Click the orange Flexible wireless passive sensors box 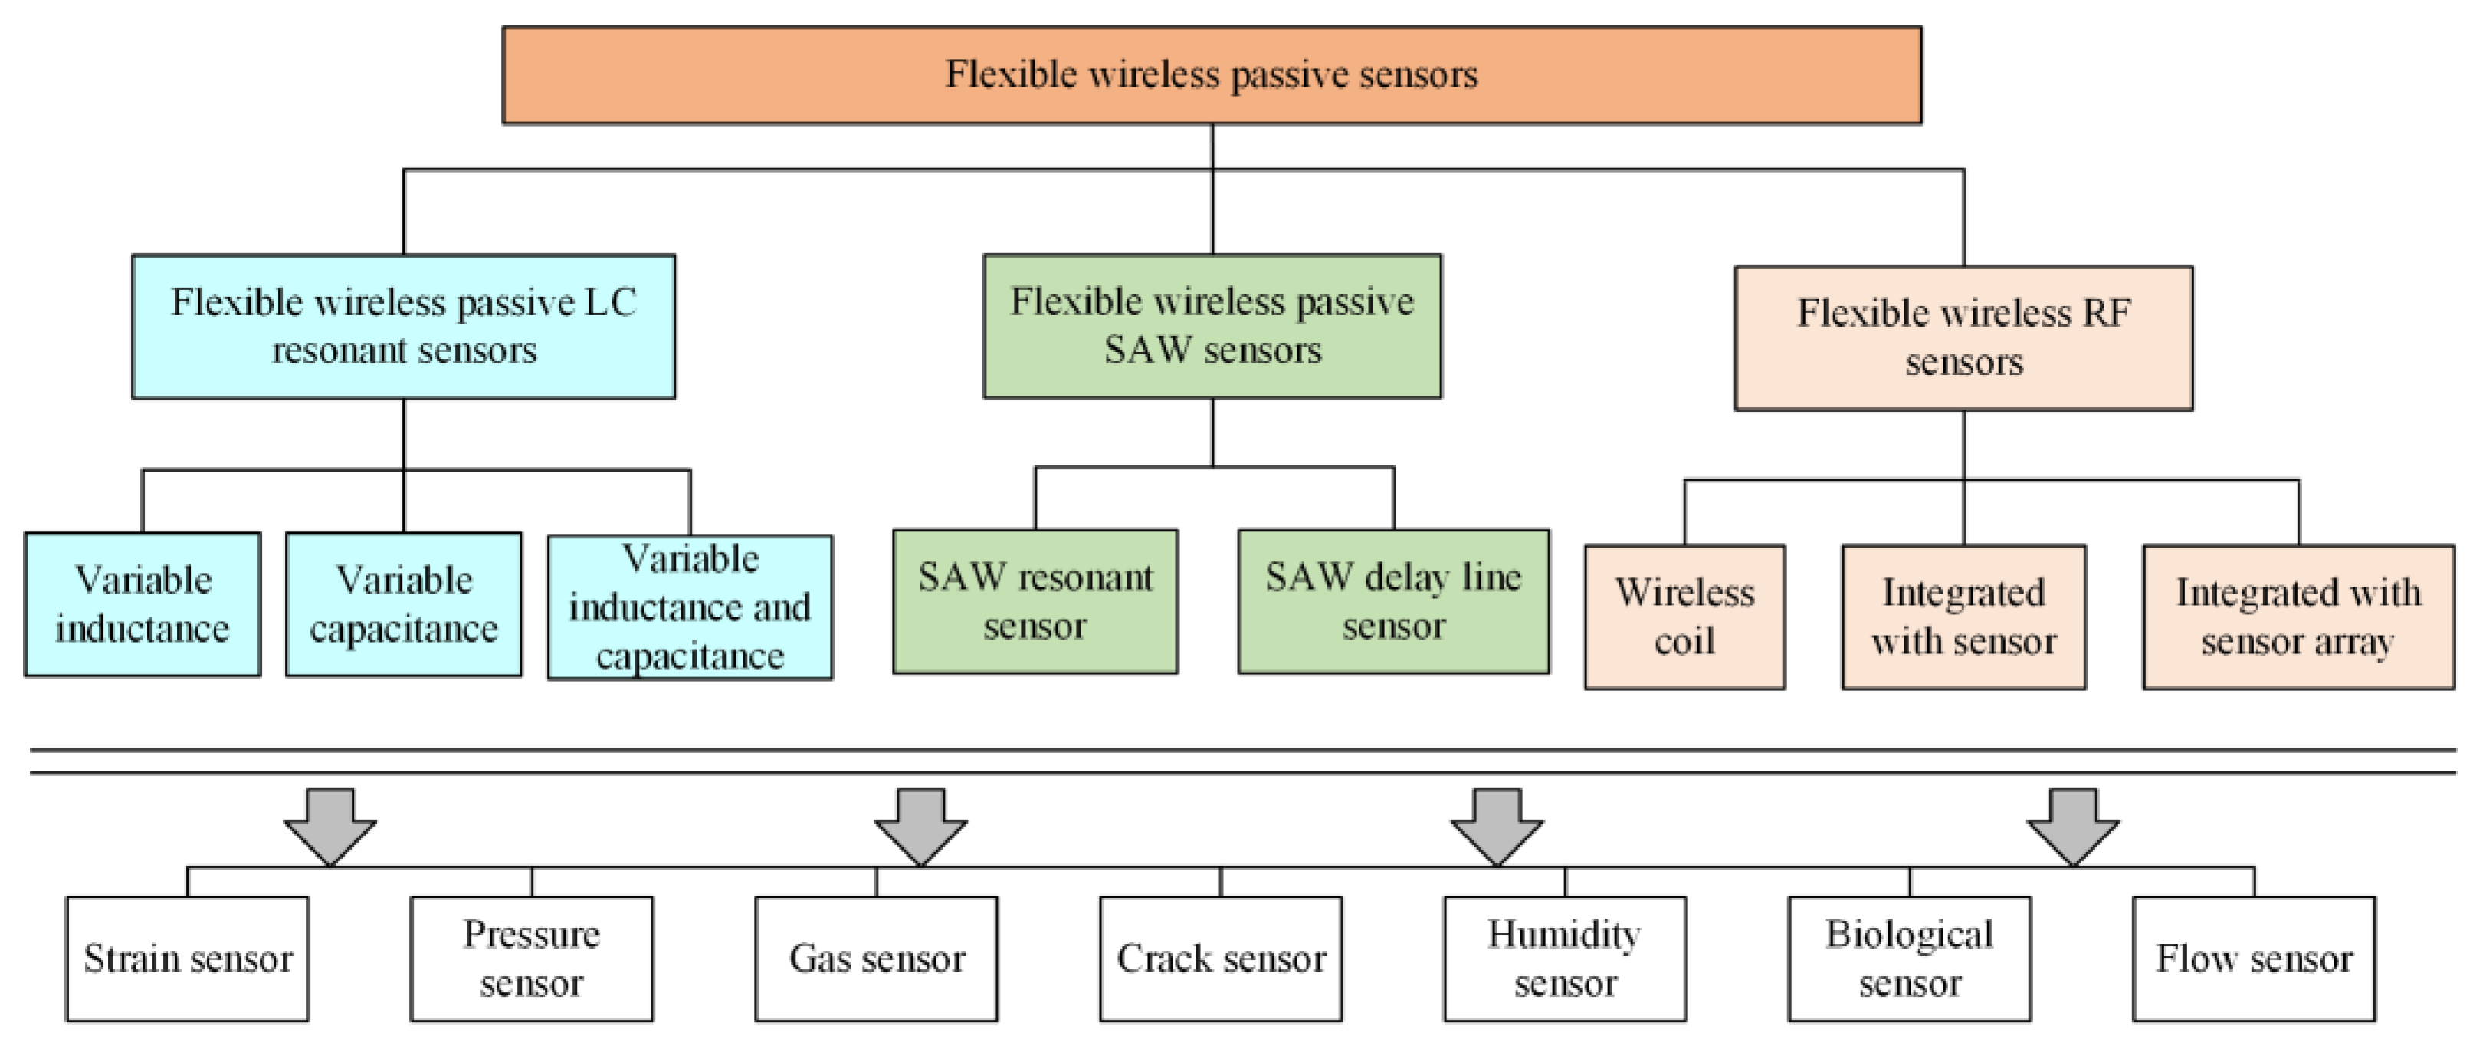1212,75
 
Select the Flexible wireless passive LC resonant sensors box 403,327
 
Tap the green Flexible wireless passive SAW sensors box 1212,326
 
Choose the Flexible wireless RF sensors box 1963,338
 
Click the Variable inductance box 142,604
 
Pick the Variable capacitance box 403,604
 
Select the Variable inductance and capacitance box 689,607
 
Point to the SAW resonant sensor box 1035,601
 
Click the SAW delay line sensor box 1393,601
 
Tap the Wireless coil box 1684,617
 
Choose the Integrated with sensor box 1963,617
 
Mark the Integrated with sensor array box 2298,617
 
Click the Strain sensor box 187,959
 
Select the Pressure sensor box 531,959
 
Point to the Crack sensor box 1220,959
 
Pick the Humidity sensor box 1565,959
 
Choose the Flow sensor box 2253,959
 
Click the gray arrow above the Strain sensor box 330,824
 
